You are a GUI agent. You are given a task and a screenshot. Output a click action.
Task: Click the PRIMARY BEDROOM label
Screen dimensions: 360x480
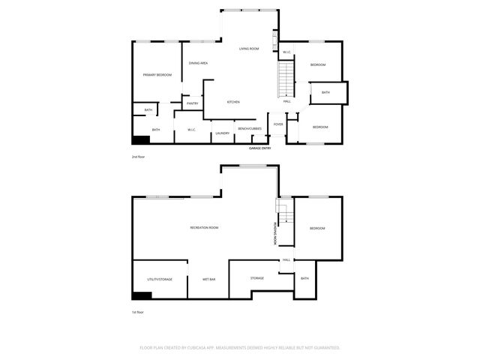[x=157, y=75]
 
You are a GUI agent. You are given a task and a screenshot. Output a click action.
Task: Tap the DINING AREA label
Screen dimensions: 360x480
[x=198, y=63]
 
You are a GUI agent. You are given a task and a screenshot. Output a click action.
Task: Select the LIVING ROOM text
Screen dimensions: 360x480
[x=249, y=49]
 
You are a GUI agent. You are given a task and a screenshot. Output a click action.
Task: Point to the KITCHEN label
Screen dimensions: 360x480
[x=233, y=102]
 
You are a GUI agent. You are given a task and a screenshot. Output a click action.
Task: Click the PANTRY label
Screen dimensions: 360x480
[x=192, y=103]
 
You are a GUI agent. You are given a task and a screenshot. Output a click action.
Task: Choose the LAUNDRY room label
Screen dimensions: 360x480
[x=222, y=133]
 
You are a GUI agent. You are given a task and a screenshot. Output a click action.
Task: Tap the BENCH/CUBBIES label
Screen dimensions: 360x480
[x=249, y=129]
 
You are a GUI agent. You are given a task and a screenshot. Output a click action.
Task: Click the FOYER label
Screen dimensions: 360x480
[x=278, y=124]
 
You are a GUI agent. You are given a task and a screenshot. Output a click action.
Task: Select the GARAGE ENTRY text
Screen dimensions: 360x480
[x=260, y=148]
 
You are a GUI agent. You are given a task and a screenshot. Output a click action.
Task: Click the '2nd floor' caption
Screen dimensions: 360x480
[x=139, y=157]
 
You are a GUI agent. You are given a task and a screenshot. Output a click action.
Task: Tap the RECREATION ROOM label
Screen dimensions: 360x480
[x=204, y=227]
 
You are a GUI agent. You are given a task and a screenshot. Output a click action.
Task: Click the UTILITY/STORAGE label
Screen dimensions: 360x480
[x=160, y=279]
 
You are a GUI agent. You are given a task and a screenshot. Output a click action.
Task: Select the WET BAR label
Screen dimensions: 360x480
[x=209, y=279]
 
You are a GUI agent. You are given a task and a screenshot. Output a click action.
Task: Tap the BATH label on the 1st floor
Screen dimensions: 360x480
[x=304, y=279]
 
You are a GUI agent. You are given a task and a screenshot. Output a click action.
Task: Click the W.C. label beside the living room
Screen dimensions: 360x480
[x=286, y=52]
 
